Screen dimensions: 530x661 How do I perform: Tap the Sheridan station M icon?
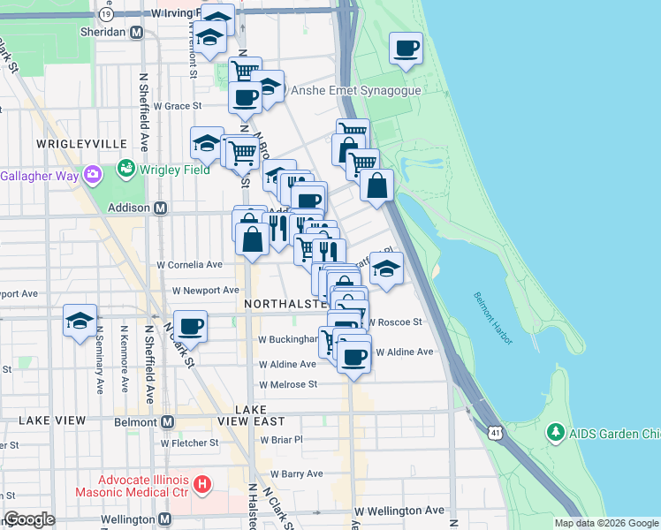pyautogui.click(x=136, y=32)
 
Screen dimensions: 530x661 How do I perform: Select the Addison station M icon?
pyautogui.click(x=161, y=208)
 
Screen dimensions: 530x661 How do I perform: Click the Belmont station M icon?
pyautogui.click(x=168, y=421)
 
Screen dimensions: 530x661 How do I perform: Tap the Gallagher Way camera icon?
pyautogui.click(x=92, y=175)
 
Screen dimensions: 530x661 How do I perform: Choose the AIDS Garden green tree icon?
pyautogui.click(x=555, y=433)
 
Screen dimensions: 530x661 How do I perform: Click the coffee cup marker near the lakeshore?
pyautogui.click(x=406, y=49)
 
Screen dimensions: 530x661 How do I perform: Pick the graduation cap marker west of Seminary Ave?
pyautogui.click(x=80, y=321)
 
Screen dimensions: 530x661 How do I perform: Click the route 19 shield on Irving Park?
pyautogui.click(x=107, y=15)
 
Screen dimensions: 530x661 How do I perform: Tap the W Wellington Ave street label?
pyautogui.click(x=399, y=511)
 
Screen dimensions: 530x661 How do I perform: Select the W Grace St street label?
pyautogui.click(x=172, y=106)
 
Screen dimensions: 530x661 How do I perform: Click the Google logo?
pyautogui.click(x=28, y=519)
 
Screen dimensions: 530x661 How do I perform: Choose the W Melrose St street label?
pyautogui.click(x=287, y=384)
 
